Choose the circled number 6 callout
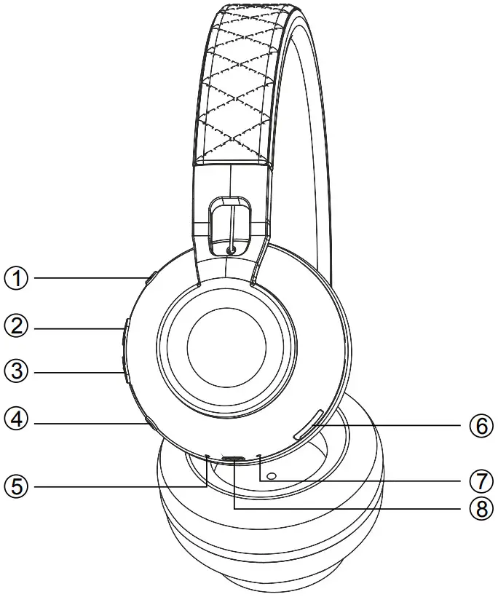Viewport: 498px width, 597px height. (481, 426)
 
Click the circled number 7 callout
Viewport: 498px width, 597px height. (481, 482)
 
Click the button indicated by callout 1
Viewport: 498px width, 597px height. (151, 278)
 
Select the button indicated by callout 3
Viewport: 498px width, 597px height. (125, 371)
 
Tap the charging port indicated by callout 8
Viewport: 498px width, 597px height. (234, 459)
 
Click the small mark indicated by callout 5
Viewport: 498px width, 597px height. (207, 457)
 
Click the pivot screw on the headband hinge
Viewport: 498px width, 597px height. (232, 250)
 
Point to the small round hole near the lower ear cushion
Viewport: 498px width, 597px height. (272, 477)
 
